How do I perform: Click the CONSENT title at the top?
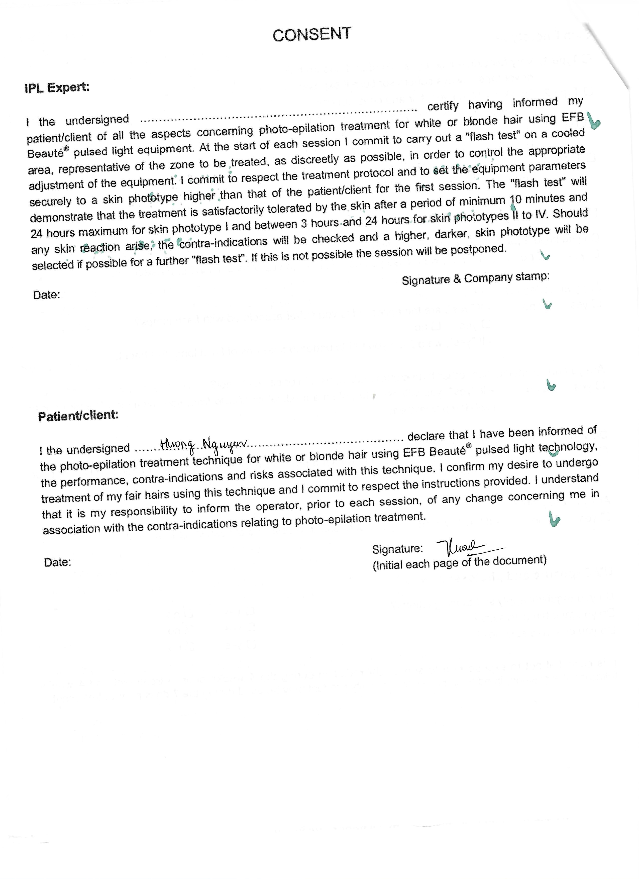tap(312, 35)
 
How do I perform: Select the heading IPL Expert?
tap(57, 87)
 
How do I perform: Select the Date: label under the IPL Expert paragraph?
tap(47, 295)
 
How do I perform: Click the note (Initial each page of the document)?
tap(460, 562)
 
